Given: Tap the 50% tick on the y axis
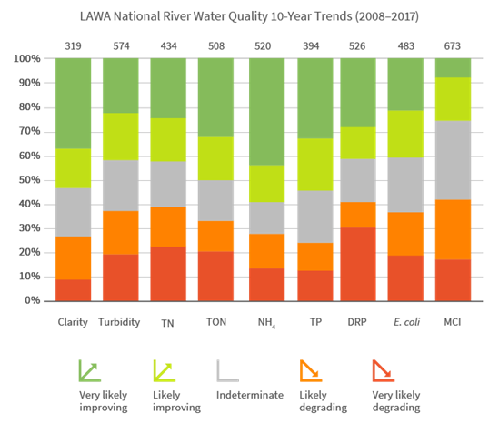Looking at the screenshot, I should [28, 180].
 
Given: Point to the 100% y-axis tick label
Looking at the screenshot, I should [26, 59].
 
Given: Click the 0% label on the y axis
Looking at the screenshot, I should [32, 300].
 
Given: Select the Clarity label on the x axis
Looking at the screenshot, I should [73, 321].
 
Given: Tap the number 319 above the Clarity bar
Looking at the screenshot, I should [73, 43].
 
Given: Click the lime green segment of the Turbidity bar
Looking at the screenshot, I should [120, 136].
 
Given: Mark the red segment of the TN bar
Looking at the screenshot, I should [168, 273].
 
